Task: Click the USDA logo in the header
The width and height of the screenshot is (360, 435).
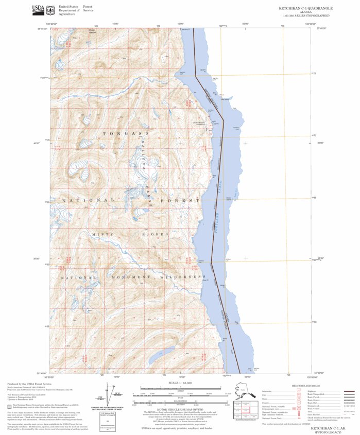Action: click(38, 9)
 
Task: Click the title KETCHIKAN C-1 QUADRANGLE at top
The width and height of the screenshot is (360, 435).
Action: click(305, 8)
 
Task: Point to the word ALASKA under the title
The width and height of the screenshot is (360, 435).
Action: click(305, 12)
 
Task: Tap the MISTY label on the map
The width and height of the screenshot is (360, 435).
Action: click(103, 234)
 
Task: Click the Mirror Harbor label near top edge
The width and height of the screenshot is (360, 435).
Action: click(93, 29)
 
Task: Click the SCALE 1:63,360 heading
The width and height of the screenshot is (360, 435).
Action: click(178, 384)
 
